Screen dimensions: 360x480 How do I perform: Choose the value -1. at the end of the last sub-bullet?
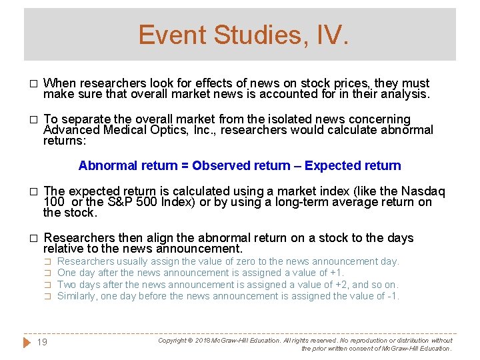click(393, 296)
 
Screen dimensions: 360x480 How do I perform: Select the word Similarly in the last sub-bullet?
click(78, 296)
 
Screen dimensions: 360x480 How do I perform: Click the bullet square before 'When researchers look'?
click(31, 84)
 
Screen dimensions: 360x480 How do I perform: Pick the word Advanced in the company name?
click(71, 130)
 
